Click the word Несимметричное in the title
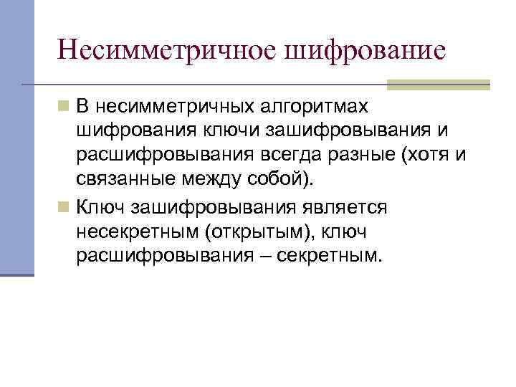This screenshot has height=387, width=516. [x=167, y=51]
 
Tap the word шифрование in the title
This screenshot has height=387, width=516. [x=365, y=51]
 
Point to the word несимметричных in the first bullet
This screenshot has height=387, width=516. [x=176, y=107]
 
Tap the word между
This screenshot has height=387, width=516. [x=216, y=180]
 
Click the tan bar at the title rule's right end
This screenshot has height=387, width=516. [x=438, y=85]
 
